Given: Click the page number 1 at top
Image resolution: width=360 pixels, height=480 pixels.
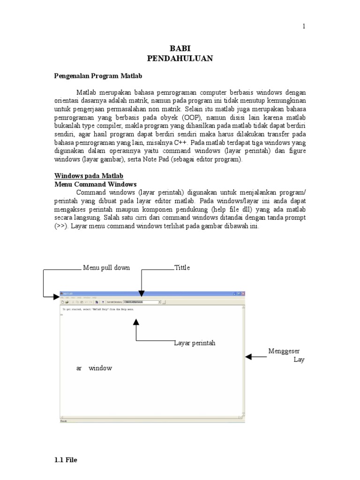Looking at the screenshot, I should click(x=303, y=26).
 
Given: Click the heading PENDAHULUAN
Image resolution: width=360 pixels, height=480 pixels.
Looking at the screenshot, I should click(x=180, y=58).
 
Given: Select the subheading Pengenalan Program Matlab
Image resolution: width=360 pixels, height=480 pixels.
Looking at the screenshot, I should click(x=98, y=75).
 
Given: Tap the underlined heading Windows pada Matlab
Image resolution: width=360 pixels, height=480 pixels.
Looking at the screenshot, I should click(x=89, y=176).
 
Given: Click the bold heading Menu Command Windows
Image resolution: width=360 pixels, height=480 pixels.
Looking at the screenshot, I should click(x=96, y=184).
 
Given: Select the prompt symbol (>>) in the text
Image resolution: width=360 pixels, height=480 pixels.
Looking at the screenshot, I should click(x=61, y=226).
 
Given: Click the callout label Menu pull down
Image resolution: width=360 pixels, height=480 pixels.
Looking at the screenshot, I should click(x=106, y=268).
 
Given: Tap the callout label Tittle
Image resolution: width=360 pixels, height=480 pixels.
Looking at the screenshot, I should click(x=182, y=268).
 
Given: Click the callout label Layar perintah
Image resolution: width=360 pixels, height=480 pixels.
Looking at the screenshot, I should click(x=195, y=343).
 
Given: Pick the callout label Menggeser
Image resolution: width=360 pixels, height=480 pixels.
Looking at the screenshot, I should click(x=284, y=351).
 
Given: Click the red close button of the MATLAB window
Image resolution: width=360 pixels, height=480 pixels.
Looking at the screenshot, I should click(x=242, y=293).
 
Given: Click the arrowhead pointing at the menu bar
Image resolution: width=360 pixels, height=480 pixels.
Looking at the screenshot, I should click(x=57, y=297).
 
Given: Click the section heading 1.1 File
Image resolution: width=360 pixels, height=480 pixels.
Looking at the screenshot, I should click(x=66, y=460).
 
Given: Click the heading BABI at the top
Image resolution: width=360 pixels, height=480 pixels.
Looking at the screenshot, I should click(x=180, y=49).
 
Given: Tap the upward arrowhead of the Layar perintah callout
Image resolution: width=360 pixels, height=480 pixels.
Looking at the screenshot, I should click(x=136, y=322).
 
